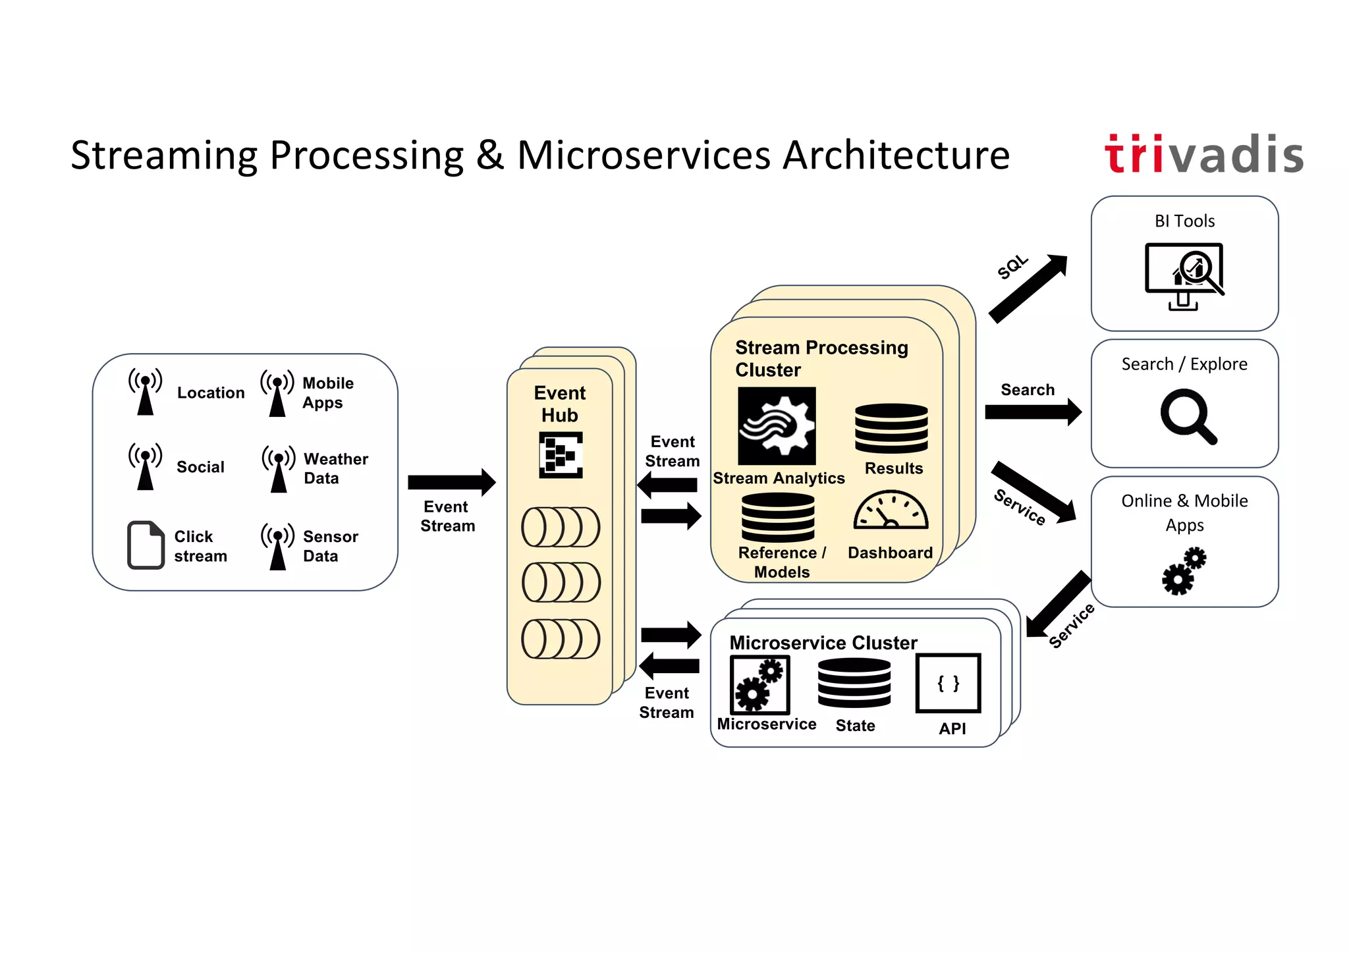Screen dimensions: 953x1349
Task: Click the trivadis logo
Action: click(x=1203, y=155)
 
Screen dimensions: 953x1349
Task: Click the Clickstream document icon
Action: click(x=145, y=545)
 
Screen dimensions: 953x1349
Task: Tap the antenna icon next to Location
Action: click(x=146, y=392)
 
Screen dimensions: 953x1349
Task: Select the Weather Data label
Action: click(x=335, y=468)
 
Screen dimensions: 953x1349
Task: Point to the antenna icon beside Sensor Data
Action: click(x=278, y=547)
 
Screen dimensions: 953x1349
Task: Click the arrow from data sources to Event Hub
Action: click(x=451, y=482)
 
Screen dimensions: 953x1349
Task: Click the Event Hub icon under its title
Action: click(x=561, y=454)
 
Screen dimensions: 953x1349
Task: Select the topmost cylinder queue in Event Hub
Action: click(x=561, y=527)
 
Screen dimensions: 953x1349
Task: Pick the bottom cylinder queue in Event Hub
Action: click(x=561, y=639)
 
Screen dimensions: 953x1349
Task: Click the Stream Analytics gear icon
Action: click(x=777, y=425)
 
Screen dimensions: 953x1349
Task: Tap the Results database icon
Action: click(x=891, y=428)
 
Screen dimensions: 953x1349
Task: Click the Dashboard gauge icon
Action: click(x=891, y=511)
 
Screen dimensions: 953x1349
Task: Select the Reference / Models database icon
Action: click(x=778, y=518)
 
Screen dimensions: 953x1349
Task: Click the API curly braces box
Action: click(x=948, y=683)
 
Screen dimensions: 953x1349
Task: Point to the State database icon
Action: click(x=854, y=683)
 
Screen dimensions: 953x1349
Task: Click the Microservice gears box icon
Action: click(x=759, y=685)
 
